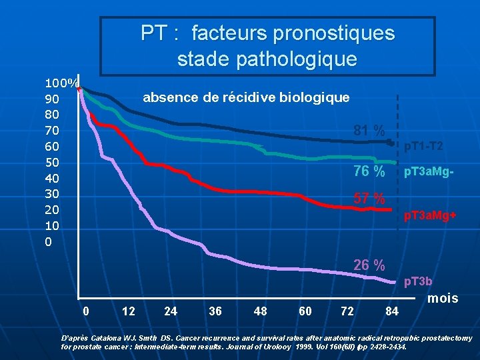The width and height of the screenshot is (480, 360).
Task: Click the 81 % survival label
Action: click(369, 130)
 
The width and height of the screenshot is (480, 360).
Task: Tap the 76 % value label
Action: click(369, 171)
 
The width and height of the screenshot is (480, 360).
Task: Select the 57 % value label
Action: click(369, 199)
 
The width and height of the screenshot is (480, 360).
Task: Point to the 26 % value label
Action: click(369, 265)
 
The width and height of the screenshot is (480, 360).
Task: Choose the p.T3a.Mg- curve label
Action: click(429, 172)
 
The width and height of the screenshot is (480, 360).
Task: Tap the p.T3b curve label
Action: click(418, 282)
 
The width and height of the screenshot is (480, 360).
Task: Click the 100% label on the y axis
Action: click(61, 83)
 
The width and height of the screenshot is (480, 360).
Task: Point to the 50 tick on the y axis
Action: click(52, 162)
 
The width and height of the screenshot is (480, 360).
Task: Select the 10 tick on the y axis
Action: click(52, 225)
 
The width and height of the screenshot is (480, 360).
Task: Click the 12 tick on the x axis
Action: click(129, 311)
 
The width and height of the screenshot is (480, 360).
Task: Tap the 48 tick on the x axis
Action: click(261, 311)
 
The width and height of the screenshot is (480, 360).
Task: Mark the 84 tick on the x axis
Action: click(393, 311)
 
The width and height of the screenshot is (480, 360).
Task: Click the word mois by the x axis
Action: click(443, 298)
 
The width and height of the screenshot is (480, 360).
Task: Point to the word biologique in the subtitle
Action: click(316, 97)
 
